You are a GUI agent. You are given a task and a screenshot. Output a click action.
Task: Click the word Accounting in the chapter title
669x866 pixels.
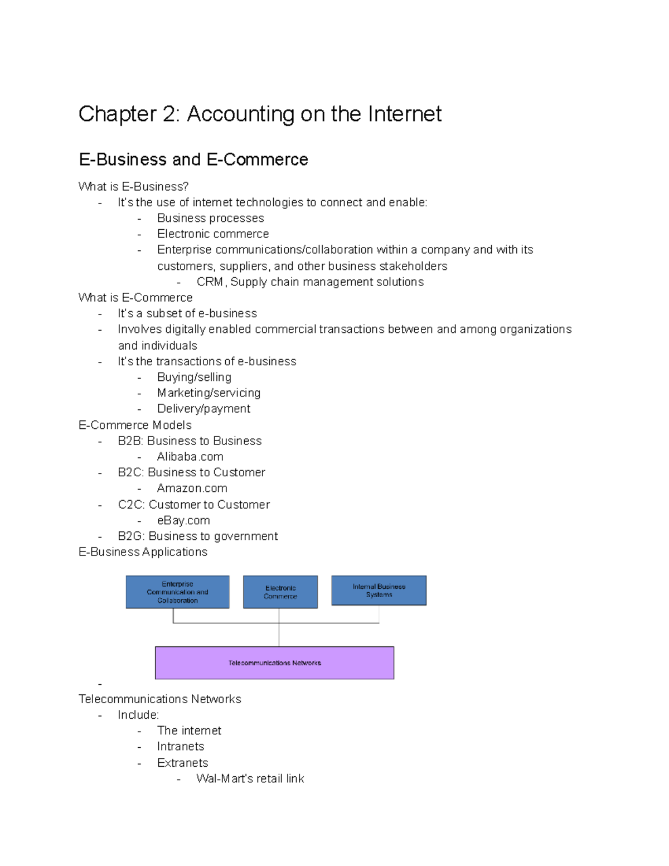(240, 114)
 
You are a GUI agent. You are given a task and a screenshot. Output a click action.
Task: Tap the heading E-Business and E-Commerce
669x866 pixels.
(193, 159)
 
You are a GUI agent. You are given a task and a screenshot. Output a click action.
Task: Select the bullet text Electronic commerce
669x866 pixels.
(213, 234)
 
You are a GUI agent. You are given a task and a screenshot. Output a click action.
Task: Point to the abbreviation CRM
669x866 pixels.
(210, 282)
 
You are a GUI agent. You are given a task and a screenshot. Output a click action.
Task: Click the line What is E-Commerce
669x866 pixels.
(135, 298)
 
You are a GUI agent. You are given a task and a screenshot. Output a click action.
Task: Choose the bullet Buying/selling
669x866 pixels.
(194, 378)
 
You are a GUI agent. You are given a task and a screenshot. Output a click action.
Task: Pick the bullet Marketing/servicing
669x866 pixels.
(209, 393)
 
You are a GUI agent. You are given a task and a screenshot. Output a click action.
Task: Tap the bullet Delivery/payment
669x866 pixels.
(203, 409)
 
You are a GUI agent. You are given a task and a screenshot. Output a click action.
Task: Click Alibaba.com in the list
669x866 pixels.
(190, 457)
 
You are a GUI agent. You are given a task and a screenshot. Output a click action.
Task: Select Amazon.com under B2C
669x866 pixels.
(192, 488)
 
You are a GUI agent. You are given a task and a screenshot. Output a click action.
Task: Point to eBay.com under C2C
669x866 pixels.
(183, 521)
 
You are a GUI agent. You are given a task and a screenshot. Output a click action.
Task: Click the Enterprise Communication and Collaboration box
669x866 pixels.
(177, 592)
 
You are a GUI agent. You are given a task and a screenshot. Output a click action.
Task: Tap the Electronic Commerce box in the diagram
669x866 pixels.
(280, 592)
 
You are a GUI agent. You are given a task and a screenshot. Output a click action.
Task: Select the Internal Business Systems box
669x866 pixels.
(379, 591)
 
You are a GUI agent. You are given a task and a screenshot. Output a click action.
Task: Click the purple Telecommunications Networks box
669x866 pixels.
(274, 663)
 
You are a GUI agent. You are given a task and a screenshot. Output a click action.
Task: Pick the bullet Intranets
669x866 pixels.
(181, 747)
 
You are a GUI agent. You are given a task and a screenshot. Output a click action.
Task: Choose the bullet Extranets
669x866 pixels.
(182, 763)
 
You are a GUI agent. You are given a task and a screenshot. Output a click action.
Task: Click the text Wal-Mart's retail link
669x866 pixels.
(250, 779)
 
